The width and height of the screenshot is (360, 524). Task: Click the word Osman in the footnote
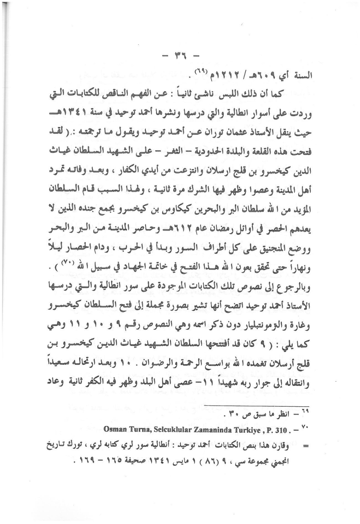pos(115,430)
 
